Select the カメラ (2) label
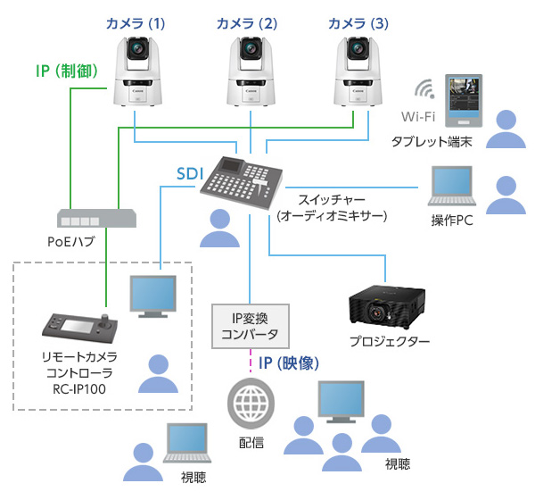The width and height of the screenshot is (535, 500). (x=248, y=21)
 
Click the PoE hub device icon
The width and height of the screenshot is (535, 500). (x=97, y=218)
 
